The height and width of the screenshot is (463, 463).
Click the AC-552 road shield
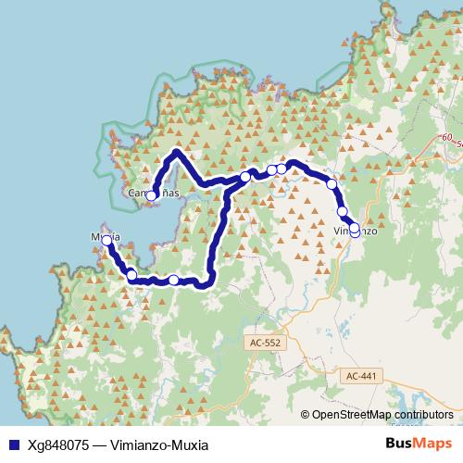pyautogui.click(x=264, y=342)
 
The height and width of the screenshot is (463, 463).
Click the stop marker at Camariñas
pyautogui.click(x=151, y=195)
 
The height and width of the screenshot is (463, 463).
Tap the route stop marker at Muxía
pyautogui.click(x=106, y=241)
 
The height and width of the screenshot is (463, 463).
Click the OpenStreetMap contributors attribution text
pyautogui.click(x=382, y=416)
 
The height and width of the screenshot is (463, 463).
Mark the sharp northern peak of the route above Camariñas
pyautogui.click(x=176, y=151)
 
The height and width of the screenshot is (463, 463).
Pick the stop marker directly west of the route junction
pyautogui.click(x=244, y=177)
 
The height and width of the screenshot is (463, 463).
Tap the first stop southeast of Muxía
pyautogui.click(x=131, y=274)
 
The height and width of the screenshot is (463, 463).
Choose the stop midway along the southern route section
pyautogui.click(x=174, y=280)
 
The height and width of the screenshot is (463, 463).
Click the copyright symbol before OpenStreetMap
pyautogui.click(x=306, y=416)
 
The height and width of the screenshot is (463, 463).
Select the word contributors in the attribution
pyautogui.click(x=423, y=416)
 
